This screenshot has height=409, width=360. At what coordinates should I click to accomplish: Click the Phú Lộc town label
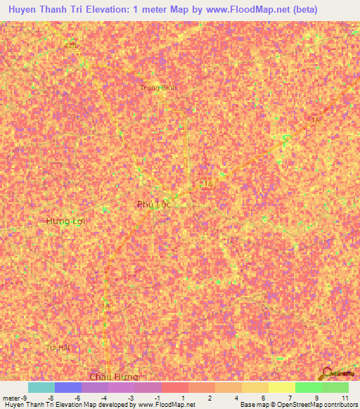(x=154, y=204)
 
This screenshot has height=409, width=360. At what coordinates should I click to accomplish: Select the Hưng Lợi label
(x=65, y=221)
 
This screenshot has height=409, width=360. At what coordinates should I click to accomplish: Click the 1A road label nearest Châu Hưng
(x=105, y=306)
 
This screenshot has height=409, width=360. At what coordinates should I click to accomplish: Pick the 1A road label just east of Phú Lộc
(x=207, y=184)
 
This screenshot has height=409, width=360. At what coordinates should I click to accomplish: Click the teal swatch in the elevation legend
(x=41, y=387)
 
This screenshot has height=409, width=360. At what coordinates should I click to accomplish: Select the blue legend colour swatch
(x=68, y=387)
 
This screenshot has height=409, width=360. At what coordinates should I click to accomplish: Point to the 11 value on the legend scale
(x=345, y=398)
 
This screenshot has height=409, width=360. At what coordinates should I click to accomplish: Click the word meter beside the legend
(x=11, y=398)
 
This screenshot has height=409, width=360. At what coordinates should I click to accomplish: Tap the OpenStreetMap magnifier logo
(x=327, y=373)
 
